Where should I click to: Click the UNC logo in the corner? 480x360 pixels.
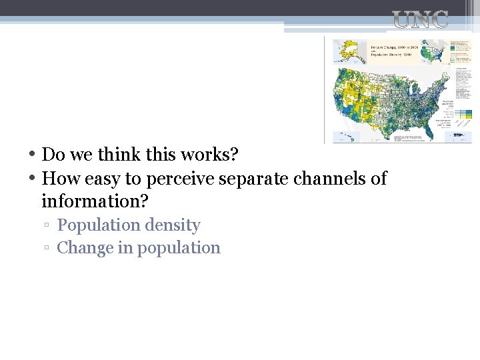click(x=420, y=20)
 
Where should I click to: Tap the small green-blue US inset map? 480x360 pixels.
click(x=437, y=51)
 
